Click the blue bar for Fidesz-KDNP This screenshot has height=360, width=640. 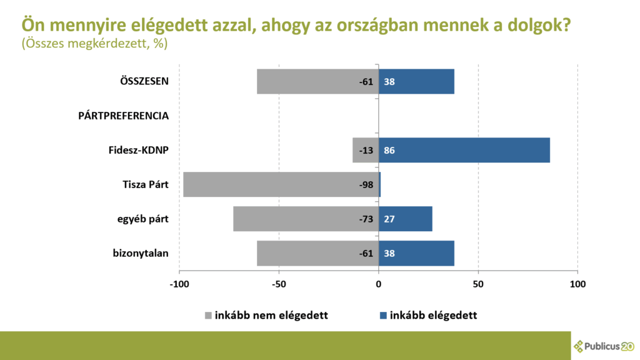coord(464,150)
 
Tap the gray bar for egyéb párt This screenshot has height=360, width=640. coord(294,219)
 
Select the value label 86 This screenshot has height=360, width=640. coord(389,151)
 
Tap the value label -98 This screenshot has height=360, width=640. coord(366,185)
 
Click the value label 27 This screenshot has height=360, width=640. coord(389,219)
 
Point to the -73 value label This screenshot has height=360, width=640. coord(366,219)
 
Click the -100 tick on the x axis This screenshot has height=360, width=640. coord(179,284)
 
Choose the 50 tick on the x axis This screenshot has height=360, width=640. coord(478,284)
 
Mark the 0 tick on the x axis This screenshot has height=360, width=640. coord(379,284)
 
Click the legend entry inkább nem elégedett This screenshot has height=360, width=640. coord(266,315)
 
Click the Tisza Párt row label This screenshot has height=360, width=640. coord(146,184)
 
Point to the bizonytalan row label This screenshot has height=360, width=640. coord(141,253)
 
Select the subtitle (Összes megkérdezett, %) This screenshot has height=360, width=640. coord(94,44)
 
